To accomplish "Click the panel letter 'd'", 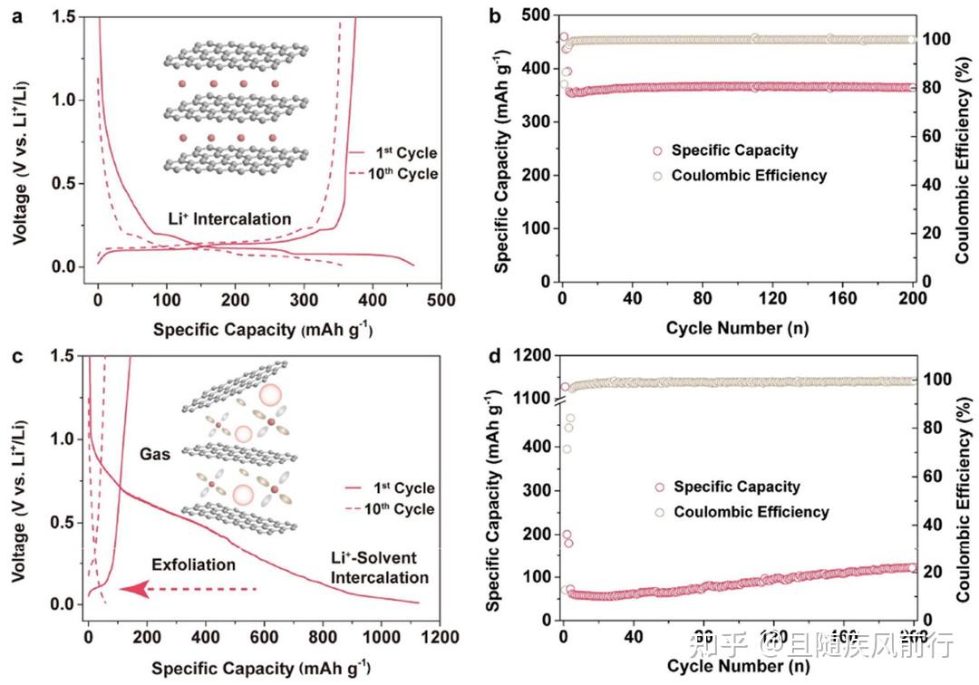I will click(495, 355).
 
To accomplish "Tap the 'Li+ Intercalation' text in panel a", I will click(229, 218).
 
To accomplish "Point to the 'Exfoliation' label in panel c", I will click(193, 564).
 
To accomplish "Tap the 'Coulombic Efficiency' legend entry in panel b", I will click(749, 175).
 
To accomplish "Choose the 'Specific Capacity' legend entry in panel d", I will click(737, 487).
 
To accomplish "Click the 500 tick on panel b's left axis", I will click(533, 15).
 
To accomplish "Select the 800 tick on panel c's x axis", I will click(790, 639).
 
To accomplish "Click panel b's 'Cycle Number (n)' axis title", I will click(736, 327).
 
